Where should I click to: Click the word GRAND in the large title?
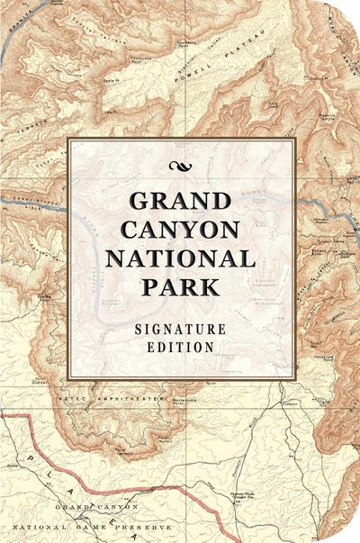pyautogui.click(x=180, y=203)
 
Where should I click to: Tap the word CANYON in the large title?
pyautogui.click(x=180, y=231)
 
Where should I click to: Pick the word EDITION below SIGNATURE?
pyautogui.click(x=180, y=345)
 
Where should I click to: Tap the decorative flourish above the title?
pyautogui.click(x=180, y=165)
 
